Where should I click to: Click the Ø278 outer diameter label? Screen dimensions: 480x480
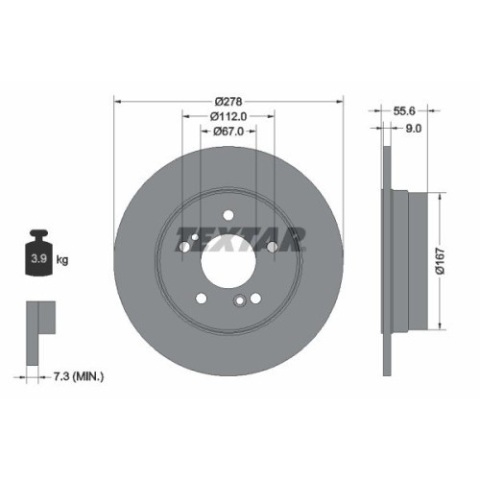pyautogui.click(x=228, y=101)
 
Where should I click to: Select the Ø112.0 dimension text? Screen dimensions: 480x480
pyautogui.click(x=228, y=116)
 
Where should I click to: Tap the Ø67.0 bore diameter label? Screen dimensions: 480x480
pyautogui.click(x=228, y=132)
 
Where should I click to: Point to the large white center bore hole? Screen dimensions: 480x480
pyautogui.click(x=228, y=260)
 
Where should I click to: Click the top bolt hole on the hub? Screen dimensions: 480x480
pyautogui.click(x=228, y=214)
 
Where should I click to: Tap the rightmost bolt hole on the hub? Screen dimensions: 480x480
pyautogui.click(x=273, y=247)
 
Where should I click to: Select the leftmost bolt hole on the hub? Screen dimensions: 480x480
pyautogui.click(x=184, y=247)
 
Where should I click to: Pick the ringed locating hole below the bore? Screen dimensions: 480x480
pyautogui.click(x=239, y=302)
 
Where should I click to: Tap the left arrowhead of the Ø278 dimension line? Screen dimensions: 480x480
pyautogui.click(x=118, y=101)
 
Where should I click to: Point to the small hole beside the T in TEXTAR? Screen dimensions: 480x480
pyautogui.click(x=184, y=247)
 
